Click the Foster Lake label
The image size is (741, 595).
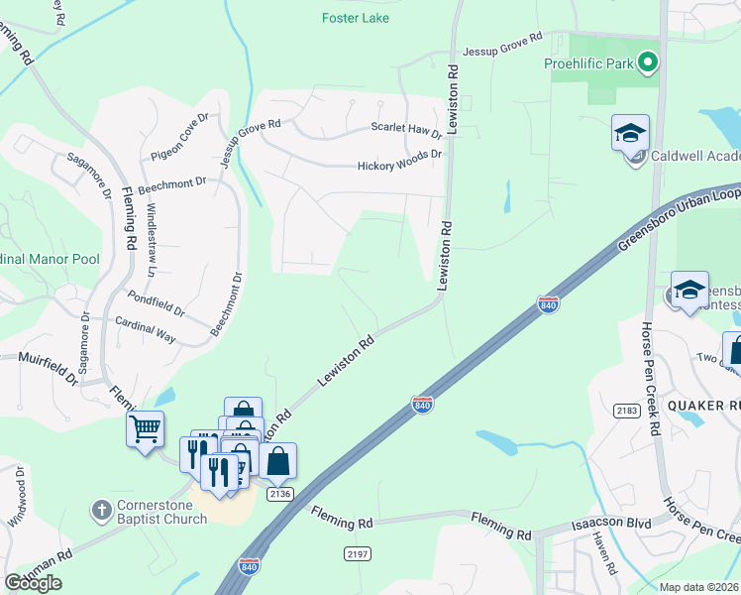[x=356, y=18]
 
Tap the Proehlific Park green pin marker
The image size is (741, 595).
[x=648, y=64]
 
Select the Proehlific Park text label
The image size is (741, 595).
[x=587, y=64]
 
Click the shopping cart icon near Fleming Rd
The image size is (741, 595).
[x=145, y=430]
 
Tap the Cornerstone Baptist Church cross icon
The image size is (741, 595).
[x=100, y=511]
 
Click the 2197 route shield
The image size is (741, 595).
[x=358, y=551]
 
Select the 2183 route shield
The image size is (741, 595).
[x=626, y=410]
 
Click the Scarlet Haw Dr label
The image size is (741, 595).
[x=406, y=129]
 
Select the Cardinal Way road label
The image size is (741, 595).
[x=146, y=330]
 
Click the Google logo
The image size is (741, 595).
[x=33, y=583]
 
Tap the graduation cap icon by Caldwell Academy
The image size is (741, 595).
[x=630, y=133]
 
